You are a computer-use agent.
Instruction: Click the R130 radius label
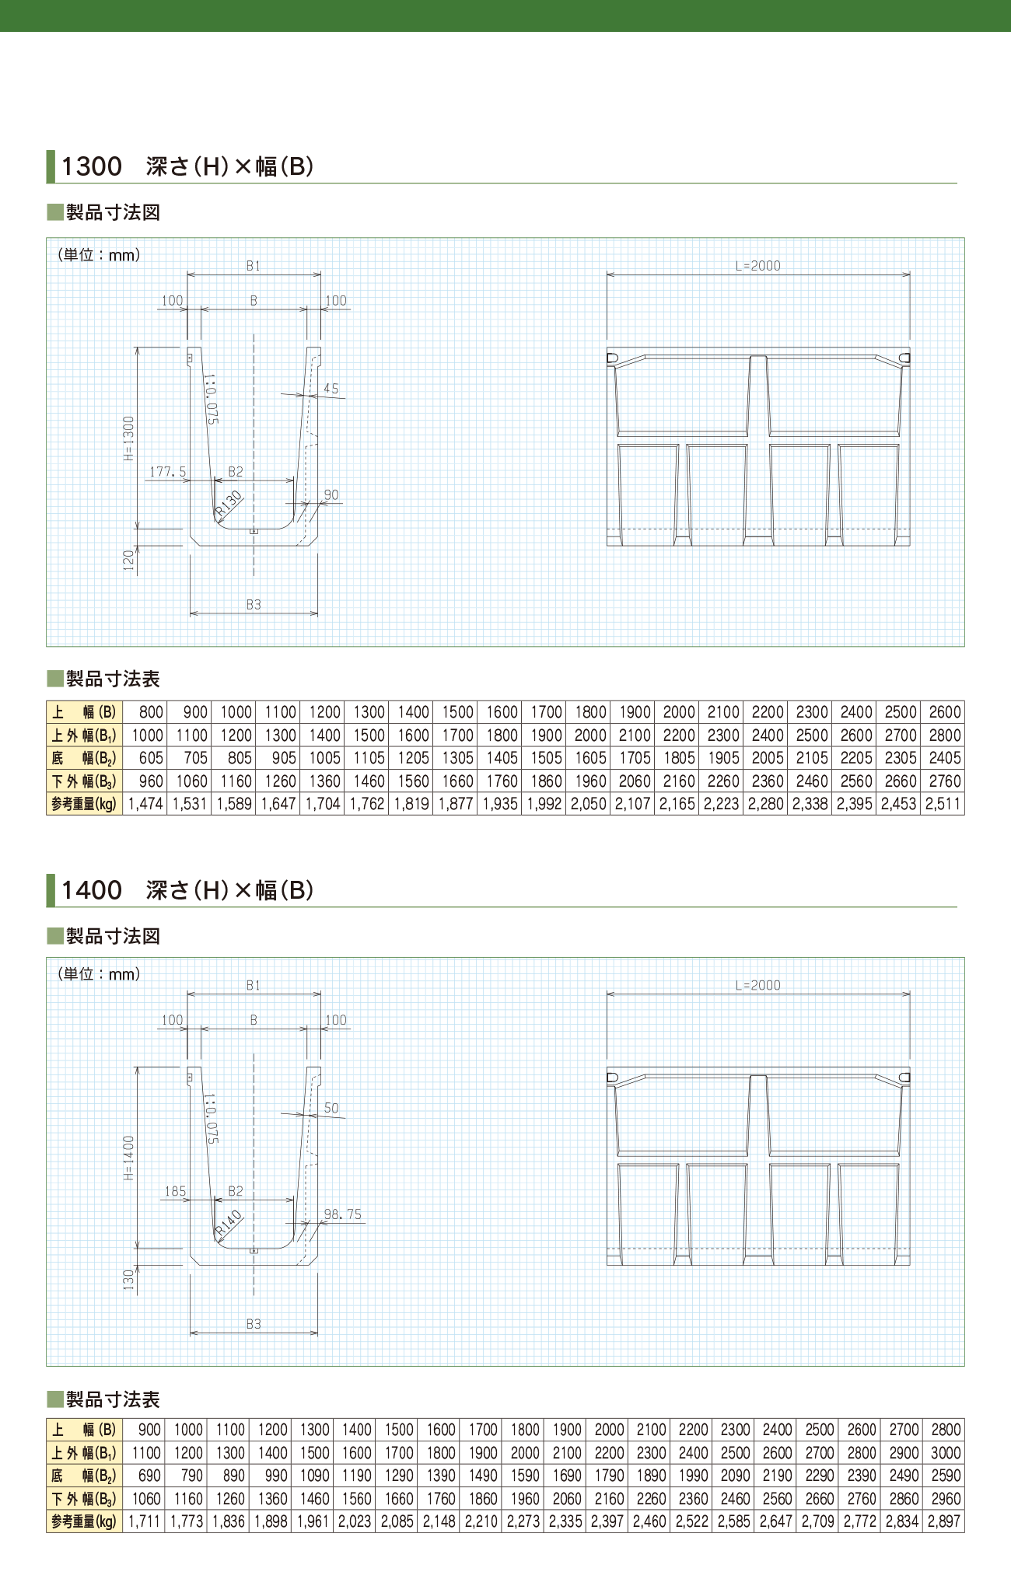229,504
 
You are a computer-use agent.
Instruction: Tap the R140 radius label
229,1223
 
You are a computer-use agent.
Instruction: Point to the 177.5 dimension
168,472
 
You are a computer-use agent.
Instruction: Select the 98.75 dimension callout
342,1214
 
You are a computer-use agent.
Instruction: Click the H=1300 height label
129,438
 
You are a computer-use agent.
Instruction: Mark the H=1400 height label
129,1158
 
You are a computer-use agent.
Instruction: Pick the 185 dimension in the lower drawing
175,1191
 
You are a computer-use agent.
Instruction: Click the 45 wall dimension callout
331,389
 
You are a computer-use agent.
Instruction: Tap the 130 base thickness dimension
129,1280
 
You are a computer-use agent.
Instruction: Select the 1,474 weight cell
145,804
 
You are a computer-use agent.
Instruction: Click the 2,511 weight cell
943,804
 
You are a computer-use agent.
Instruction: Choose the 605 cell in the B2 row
151,758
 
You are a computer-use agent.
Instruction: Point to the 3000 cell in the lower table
946,1452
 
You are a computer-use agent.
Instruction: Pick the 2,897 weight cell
944,1521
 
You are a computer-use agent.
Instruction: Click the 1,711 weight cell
145,1521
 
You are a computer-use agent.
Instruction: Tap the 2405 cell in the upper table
945,758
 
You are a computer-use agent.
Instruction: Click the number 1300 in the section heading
92,166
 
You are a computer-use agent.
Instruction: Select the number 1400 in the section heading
92,890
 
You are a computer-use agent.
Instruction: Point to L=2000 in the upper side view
757,266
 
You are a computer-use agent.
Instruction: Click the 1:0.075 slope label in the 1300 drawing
211,399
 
